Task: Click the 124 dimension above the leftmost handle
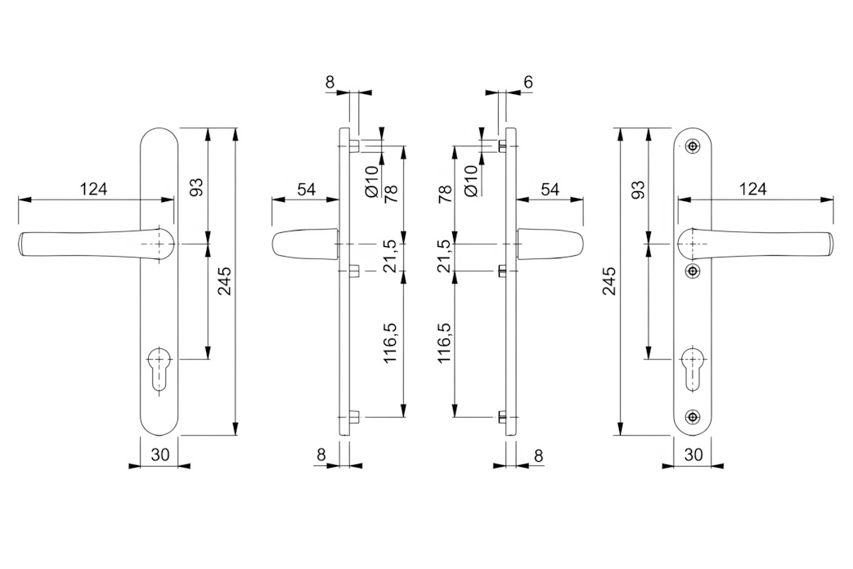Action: pyautogui.click(x=94, y=190)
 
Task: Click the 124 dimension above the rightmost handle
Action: pyautogui.click(x=752, y=190)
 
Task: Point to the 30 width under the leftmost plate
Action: pyautogui.click(x=160, y=455)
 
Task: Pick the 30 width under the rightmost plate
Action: pyautogui.click(x=693, y=455)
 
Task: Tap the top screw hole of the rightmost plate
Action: pyautogui.click(x=693, y=146)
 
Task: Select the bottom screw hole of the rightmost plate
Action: pyautogui.click(x=693, y=418)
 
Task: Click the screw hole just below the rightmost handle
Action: pyautogui.click(x=693, y=271)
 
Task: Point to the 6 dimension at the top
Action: pyautogui.click(x=528, y=82)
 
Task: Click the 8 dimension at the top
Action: pyautogui.click(x=330, y=82)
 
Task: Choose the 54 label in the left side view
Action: pyautogui.click(x=306, y=190)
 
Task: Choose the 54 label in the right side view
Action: pyautogui.click(x=550, y=190)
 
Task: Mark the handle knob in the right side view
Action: pyautogui.click(x=551, y=244)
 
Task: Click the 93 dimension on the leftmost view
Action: pyautogui.click(x=197, y=186)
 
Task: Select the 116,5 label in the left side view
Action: pyautogui.click(x=391, y=342)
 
